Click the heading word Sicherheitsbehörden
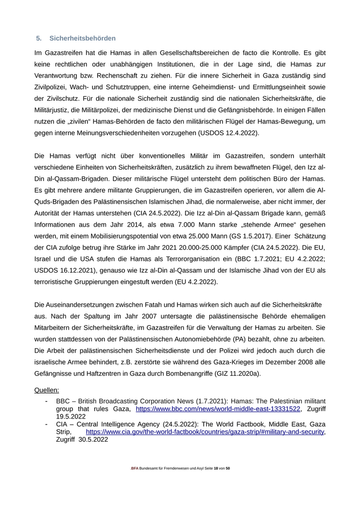(82, 39)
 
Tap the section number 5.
(39, 39)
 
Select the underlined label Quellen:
(47, 390)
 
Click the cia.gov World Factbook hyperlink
(205, 432)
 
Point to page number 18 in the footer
(216, 468)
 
